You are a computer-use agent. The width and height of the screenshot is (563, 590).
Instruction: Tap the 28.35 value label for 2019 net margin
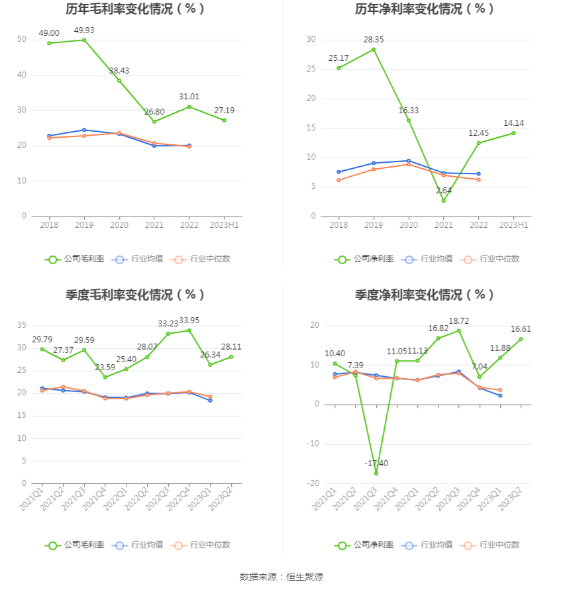[374, 40]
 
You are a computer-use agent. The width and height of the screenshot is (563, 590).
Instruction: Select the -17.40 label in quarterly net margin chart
[376, 463]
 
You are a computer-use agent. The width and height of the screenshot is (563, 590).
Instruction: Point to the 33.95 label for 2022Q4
[189, 320]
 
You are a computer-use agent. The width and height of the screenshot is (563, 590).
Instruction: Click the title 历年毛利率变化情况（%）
[136, 9]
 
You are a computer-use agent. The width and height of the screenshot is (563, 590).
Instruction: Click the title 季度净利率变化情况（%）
[425, 295]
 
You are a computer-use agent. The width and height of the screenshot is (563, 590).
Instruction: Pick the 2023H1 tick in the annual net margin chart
[513, 225]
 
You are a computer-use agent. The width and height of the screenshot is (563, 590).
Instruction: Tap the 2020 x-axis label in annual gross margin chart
[119, 225]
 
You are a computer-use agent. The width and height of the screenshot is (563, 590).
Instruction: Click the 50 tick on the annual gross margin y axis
[22, 39]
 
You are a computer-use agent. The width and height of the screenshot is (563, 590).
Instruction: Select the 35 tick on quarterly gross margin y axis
[22, 325]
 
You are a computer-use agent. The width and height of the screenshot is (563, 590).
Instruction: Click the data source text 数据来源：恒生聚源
[281, 577]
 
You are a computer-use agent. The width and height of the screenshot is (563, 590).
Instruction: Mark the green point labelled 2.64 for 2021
[443, 201]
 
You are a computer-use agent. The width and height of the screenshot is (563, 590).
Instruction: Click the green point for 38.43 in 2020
[119, 81]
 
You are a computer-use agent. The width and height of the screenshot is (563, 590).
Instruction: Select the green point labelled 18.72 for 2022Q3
[458, 331]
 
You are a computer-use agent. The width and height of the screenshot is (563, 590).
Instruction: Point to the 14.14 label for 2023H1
[514, 123]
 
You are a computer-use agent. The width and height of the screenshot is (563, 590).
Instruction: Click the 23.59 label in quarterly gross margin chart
[105, 367]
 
